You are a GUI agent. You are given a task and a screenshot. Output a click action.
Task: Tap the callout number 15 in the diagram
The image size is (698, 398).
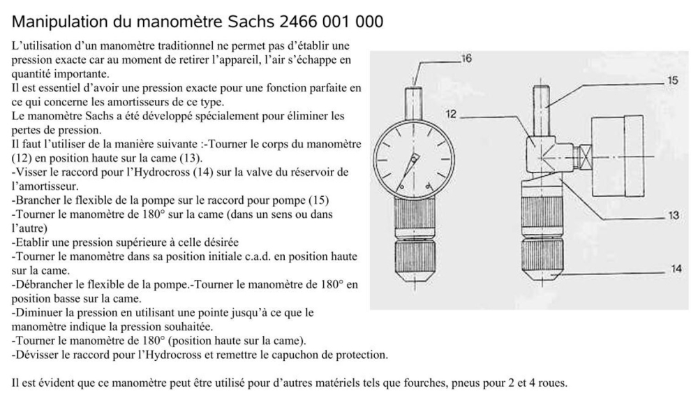(671, 82)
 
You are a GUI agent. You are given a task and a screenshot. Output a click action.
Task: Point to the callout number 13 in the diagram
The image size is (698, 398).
(673, 216)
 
